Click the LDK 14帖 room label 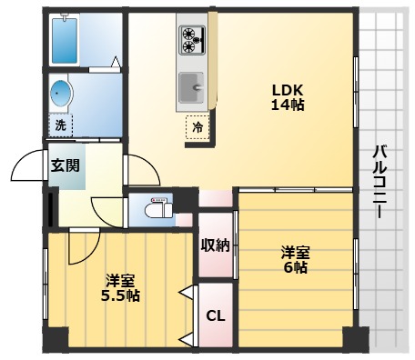pyautogui.click(x=288, y=96)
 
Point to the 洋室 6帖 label pyautogui.click(x=293, y=259)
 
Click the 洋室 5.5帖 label pyautogui.click(x=120, y=286)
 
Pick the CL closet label pyautogui.click(x=215, y=316)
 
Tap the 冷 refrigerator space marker pyautogui.click(x=197, y=128)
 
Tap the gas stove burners pyautogui.click(x=192, y=38)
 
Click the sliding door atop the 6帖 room pyautogui.click(x=293, y=190)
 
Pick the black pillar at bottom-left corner pyautogui.click(x=55, y=340)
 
